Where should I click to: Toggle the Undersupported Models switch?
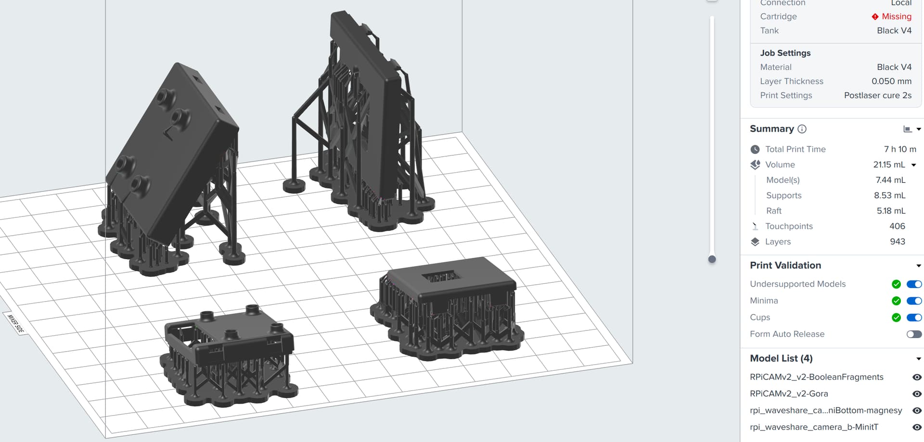[x=914, y=284]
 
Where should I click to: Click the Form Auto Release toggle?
[x=914, y=334]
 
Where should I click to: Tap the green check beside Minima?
[x=896, y=301]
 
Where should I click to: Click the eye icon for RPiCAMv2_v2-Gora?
[x=917, y=394]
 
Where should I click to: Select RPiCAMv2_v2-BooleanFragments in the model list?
[x=816, y=377]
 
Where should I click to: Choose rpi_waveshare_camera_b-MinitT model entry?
[x=814, y=427]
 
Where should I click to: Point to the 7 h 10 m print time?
[x=900, y=149]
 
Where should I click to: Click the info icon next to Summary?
[x=802, y=129]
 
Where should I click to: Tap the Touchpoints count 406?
[x=897, y=226]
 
